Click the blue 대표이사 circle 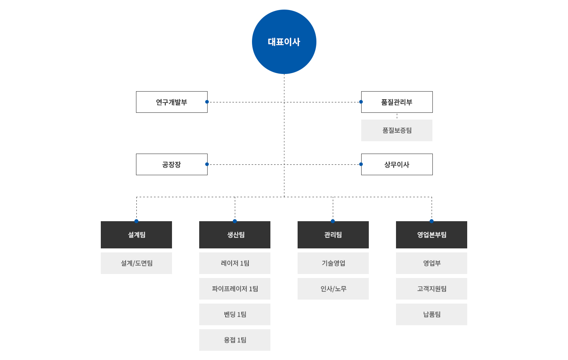tap(284, 42)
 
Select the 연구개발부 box tap(172, 102)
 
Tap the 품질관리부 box tap(397, 102)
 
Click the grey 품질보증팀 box tap(397, 130)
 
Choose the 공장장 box tap(172, 164)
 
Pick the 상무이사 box tap(397, 164)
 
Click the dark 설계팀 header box tap(136, 235)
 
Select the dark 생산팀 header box tap(235, 235)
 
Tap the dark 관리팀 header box tap(333, 235)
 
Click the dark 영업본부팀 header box tap(432, 235)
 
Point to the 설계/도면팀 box tap(136, 263)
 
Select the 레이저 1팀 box tap(235, 263)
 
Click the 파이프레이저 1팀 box tap(235, 289)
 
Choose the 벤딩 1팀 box tap(235, 314)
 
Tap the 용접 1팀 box tap(235, 340)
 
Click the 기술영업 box tap(333, 263)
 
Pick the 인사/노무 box tap(333, 289)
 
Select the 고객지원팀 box tap(432, 289)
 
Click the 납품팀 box tap(432, 314)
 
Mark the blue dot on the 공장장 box tap(207, 164)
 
